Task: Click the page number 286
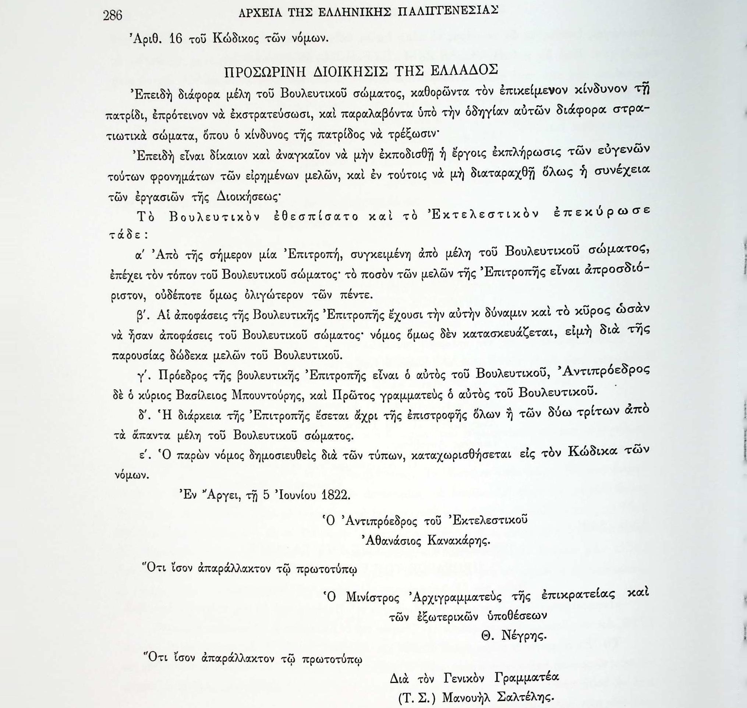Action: click(x=113, y=15)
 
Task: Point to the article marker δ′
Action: click(x=144, y=417)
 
